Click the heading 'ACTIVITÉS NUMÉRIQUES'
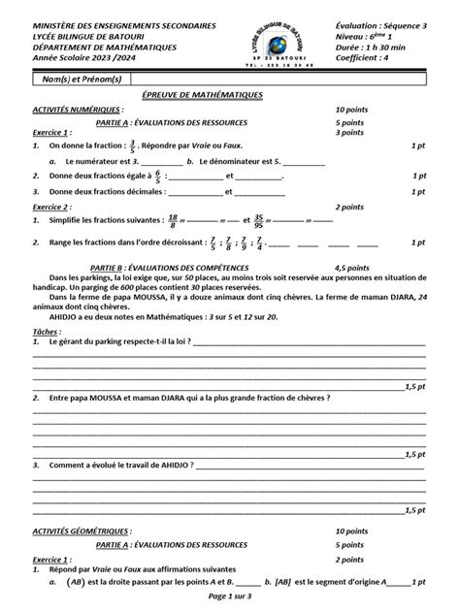64,111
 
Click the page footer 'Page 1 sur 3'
229,604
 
